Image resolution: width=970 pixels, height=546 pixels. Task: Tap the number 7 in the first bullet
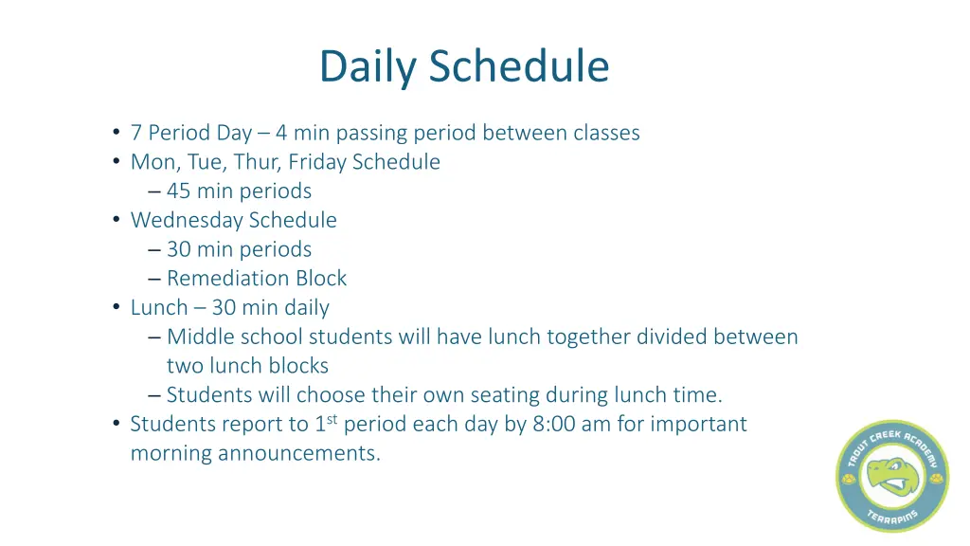point(136,133)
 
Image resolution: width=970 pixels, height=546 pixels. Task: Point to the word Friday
point(318,162)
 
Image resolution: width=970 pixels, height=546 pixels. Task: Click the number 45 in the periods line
point(179,191)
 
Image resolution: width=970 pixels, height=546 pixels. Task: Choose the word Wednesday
point(187,220)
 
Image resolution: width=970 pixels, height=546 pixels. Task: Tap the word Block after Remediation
point(322,279)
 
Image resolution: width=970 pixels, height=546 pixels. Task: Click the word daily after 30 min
point(307,308)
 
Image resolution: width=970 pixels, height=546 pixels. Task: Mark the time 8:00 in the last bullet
point(553,424)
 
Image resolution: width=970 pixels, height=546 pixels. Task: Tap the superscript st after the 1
point(332,419)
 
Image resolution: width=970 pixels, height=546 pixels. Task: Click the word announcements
point(298,453)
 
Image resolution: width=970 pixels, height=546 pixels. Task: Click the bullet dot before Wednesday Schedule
point(116,220)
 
